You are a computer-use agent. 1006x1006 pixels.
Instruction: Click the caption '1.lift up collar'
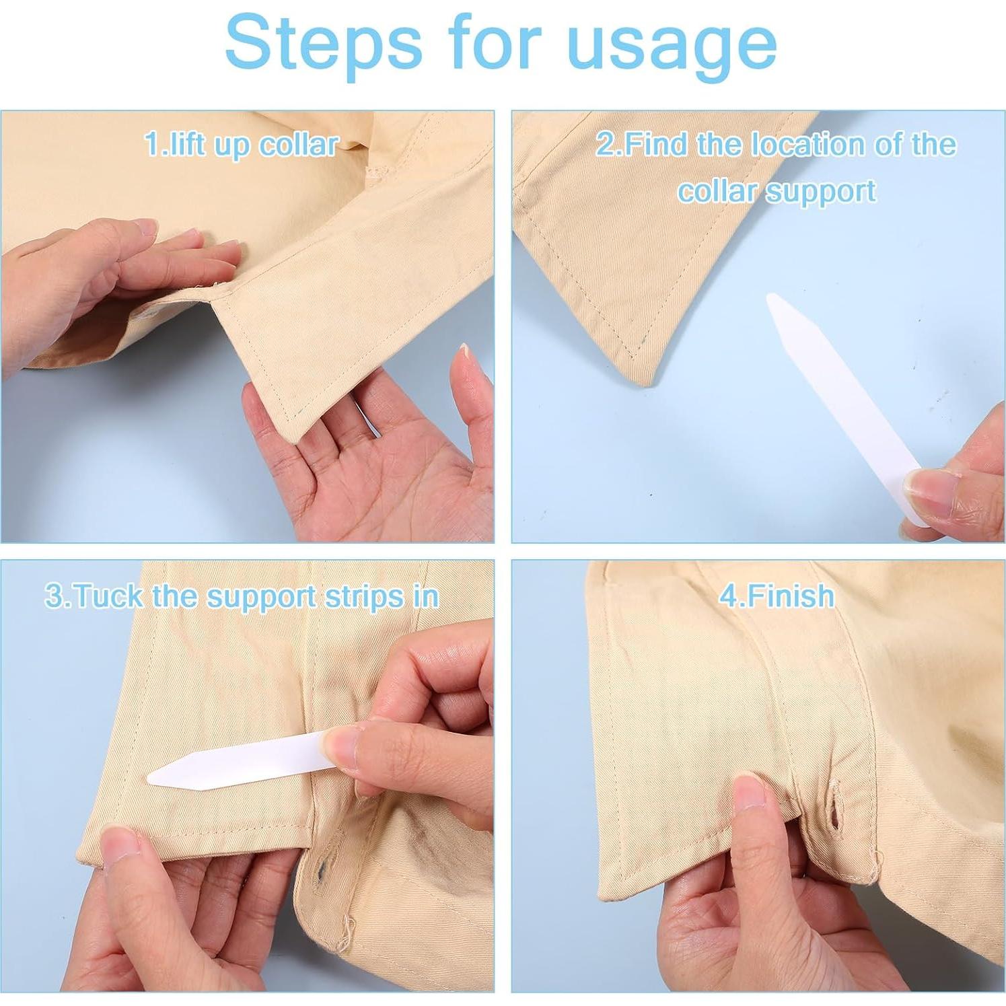(242, 145)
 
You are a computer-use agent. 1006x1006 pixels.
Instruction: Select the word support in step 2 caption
(821, 192)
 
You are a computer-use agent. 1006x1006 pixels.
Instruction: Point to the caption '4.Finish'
(777, 596)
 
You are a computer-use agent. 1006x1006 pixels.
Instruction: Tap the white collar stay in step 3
(242, 759)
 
